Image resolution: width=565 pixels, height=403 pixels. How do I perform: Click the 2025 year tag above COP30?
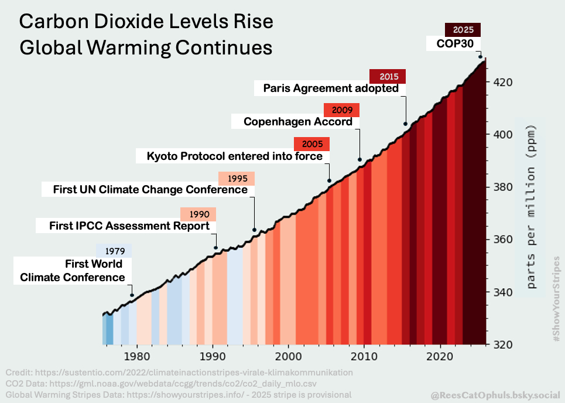pos(463,30)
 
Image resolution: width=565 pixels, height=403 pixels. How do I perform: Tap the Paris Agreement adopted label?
pos(331,88)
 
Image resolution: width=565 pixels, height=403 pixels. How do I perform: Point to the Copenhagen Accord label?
pos(298,122)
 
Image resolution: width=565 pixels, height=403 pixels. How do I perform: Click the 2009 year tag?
pos(341,110)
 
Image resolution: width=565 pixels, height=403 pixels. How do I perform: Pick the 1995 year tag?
pos(237,178)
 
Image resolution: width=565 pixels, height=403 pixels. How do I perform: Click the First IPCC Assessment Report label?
pos(129,226)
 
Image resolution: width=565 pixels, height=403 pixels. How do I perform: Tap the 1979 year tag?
pos(114,251)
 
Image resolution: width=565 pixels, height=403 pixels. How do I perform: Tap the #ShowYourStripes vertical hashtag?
pos(556,299)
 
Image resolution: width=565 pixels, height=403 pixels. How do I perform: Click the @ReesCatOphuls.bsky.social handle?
pos(494,395)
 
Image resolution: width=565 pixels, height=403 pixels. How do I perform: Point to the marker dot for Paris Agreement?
pos(406,124)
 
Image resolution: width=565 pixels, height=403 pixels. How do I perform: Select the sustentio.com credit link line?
pos(179,373)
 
